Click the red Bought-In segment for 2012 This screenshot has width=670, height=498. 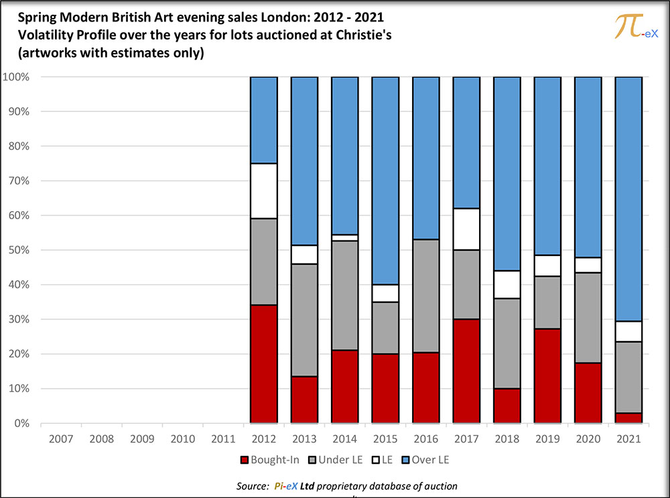(x=263, y=364)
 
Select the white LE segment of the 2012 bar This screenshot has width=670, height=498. (x=263, y=191)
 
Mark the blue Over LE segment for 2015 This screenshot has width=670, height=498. (x=385, y=180)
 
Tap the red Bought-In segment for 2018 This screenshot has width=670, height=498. (x=507, y=406)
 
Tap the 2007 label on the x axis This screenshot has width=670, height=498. (x=60, y=439)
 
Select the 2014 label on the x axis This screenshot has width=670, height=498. (x=344, y=439)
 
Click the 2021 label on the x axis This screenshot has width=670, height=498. (x=628, y=439)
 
